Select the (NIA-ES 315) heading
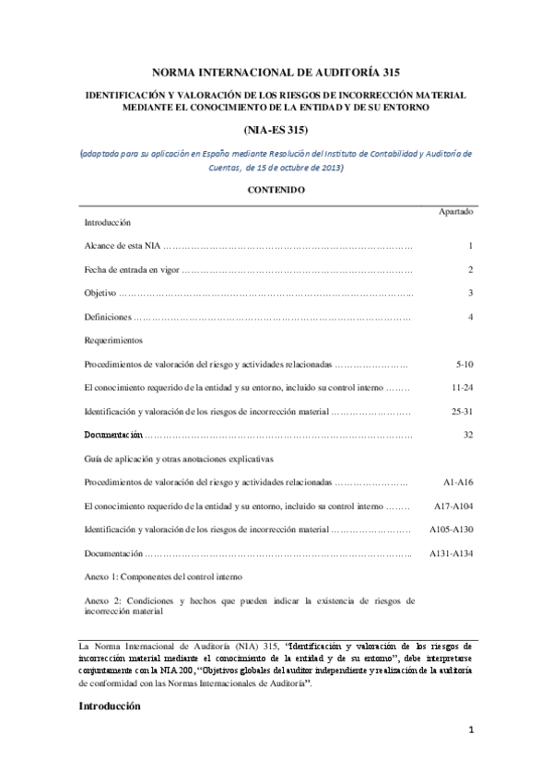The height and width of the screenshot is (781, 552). click(x=276, y=132)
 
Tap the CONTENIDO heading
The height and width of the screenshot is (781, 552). click(x=276, y=190)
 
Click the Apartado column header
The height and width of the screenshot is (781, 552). click(x=456, y=211)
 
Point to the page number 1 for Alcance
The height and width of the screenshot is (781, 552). click(x=470, y=246)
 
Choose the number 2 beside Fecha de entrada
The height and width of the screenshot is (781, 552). click(x=470, y=270)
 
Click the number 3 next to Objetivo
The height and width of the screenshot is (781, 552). click(x=470, y=293)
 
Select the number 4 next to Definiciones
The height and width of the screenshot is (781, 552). click(x=470, y=317)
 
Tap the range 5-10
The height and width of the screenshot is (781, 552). click(x=464, y=364)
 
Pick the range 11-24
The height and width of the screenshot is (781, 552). click(x=462, y=387)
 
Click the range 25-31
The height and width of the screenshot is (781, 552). click(x=462, y=411)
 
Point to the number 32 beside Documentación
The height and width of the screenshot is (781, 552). click(x=467, y=434)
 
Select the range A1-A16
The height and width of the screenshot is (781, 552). click(x=458, y=482)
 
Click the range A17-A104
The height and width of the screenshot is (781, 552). click(x=453, y=506)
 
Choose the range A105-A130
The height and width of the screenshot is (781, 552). click(x=452, y=530)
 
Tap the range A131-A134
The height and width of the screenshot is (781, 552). click(x=452, y=554)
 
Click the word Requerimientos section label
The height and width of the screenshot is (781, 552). click(x=112, y=341)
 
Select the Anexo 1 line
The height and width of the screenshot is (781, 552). click(x=163, y=577)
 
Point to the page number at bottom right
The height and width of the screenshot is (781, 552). click(x=470, y=757)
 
